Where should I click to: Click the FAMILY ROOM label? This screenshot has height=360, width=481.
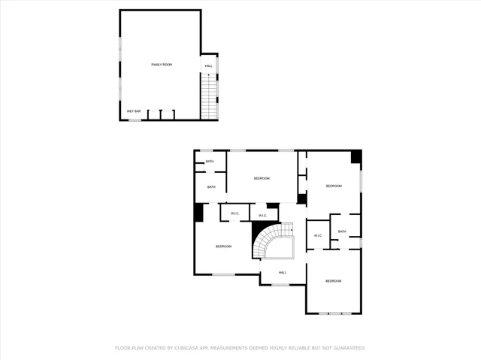(162, 65)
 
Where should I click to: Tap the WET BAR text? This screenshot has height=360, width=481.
(133, 111)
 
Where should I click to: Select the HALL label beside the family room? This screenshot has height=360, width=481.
(209, 66)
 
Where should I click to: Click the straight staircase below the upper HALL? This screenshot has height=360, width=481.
(209, 98)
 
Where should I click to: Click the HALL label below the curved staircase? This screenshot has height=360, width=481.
(283, 273)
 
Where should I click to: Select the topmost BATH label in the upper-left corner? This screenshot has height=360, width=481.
(210, 161)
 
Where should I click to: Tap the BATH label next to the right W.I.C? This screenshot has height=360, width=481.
(342, 231)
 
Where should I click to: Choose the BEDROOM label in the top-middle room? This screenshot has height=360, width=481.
(262, 178)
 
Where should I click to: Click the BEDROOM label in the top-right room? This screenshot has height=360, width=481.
(334, 186)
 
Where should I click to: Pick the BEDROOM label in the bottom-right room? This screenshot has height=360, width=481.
(334, 280)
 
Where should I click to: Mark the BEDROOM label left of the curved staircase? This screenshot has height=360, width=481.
(223, 247)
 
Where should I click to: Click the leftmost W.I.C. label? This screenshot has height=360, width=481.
(234, 213)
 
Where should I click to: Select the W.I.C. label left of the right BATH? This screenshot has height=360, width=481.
(317, 236)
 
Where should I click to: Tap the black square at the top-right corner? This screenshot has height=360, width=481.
(356, 157)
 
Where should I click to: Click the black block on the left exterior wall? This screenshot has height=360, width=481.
(198, 213)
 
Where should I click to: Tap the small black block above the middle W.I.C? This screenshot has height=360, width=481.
(272, 204)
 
